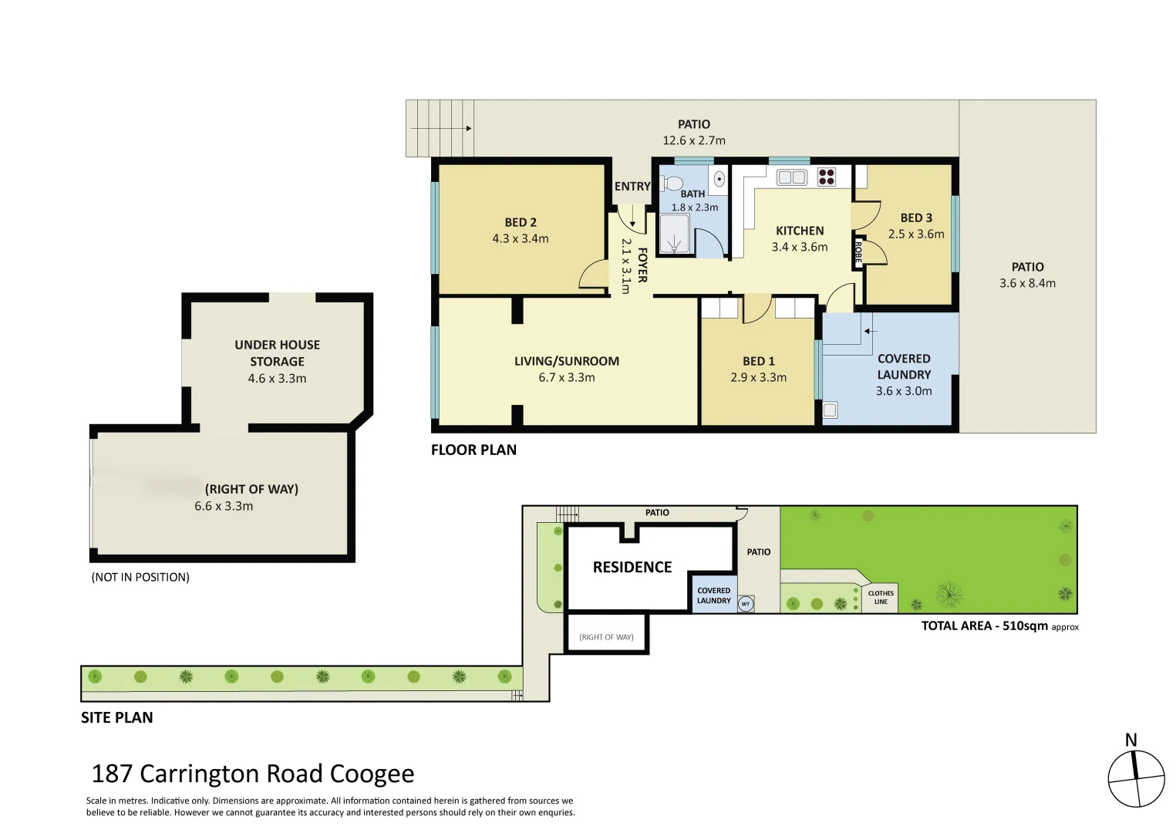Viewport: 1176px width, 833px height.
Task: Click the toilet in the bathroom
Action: click(672, 183)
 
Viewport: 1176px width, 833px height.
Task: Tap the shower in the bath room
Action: click(675, 234)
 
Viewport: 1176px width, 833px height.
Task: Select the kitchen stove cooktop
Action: click(826, 177)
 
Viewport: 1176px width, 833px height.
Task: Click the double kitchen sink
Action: click(791, 177)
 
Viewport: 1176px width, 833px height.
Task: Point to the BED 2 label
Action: click(521, 222)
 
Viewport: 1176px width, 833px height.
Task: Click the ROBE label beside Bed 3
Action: click(857, 252)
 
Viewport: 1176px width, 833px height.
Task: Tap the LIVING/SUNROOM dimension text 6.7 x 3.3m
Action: click(566, 377)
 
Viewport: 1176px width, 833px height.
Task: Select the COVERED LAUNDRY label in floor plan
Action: click(904, 366)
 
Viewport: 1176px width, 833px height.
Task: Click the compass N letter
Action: click(1131, 740)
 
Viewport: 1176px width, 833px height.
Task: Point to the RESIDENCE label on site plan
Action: click(632, 567)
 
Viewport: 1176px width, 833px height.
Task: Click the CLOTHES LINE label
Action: click(881, 597)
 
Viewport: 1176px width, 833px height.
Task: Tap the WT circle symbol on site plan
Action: click(745, 604)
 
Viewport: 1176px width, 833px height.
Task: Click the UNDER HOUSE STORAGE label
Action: click(277, 353)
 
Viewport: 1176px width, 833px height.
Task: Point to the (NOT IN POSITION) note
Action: click(140, 577)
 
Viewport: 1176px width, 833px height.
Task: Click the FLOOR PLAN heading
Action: click(473, 450)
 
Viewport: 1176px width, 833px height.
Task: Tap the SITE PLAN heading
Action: click(117, 717)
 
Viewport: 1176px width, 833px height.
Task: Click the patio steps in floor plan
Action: click(440, 128)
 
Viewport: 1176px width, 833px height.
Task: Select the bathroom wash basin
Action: click(719, 179)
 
